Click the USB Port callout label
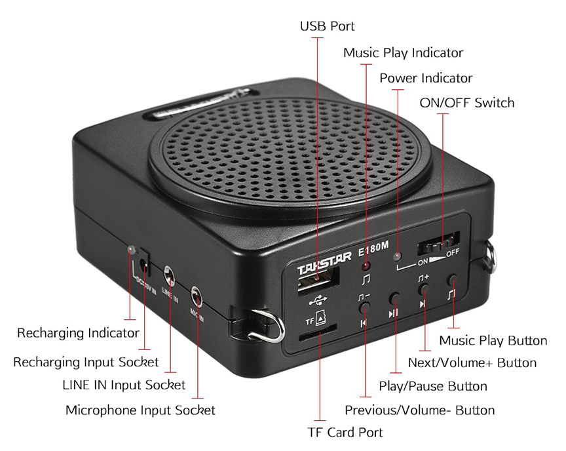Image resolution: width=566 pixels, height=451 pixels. (x=327, y=26)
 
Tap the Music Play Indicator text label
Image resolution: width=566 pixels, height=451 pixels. (x=403, y=52)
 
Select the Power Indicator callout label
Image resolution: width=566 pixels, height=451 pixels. (x=426, y=78)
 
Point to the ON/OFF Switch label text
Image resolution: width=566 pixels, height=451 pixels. (x=466, y=103)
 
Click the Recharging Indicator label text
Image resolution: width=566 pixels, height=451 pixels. (x=78, y=333)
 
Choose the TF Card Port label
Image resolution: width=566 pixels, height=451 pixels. (x=345, y=432)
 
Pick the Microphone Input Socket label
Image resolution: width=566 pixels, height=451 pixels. (x=140, y=410)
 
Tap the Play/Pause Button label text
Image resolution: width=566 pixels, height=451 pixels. (x=433, y=386)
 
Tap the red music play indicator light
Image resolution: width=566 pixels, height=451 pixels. (x=366, y=267)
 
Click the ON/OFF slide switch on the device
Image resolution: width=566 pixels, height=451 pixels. (x=438, y=244)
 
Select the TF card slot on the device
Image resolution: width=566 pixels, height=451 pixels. (x=318, y=332)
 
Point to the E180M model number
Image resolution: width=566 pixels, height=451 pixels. (x=373, y=248)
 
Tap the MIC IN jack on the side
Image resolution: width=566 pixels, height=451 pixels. (x=197, y=297)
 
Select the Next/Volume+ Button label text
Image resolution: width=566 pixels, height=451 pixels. (x=472, y=363)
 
